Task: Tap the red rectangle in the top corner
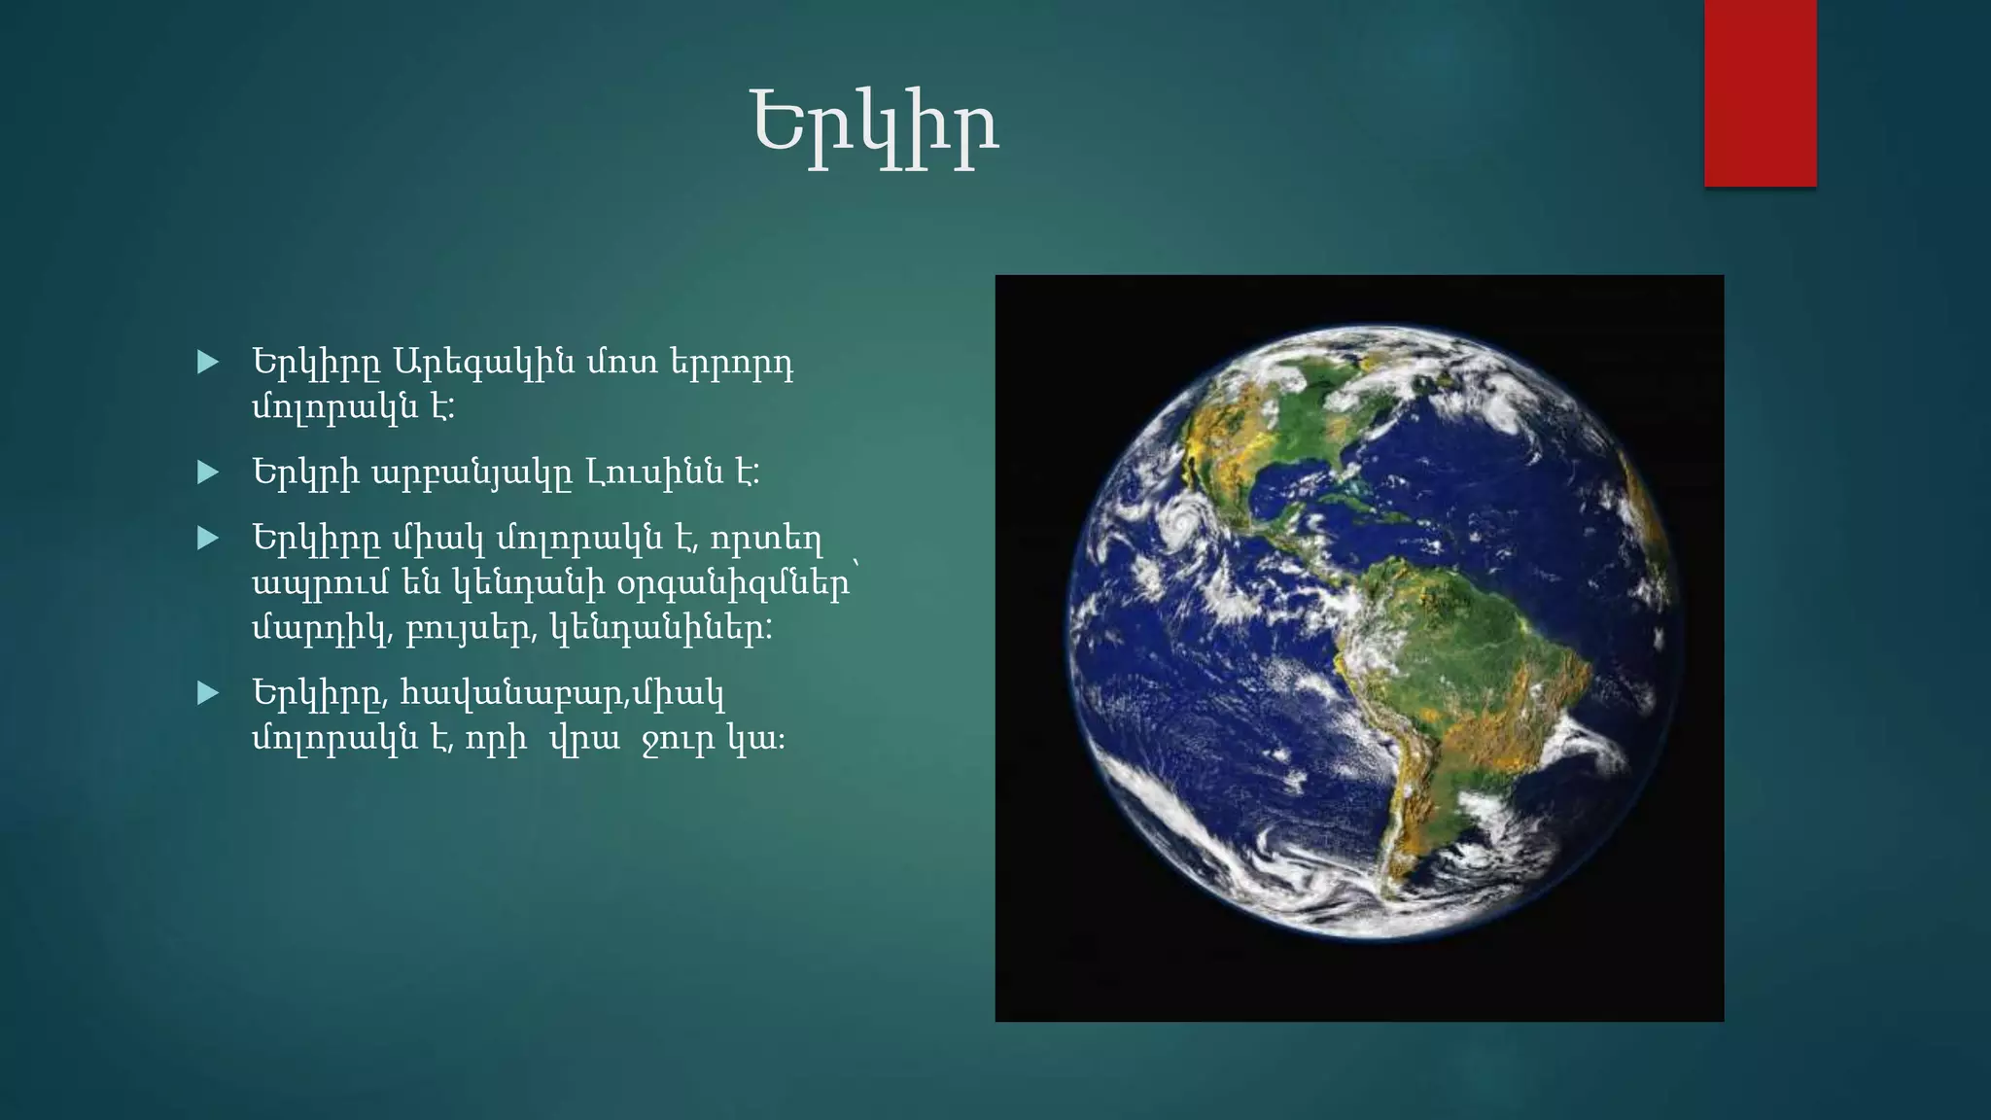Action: click(1760, 92)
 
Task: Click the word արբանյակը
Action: click(471, 474)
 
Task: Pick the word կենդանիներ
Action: click(661, 629)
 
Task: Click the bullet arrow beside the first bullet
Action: click(208, 363)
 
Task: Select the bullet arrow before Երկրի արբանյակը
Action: click(208, 472)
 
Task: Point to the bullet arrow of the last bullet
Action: click(208, 693)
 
